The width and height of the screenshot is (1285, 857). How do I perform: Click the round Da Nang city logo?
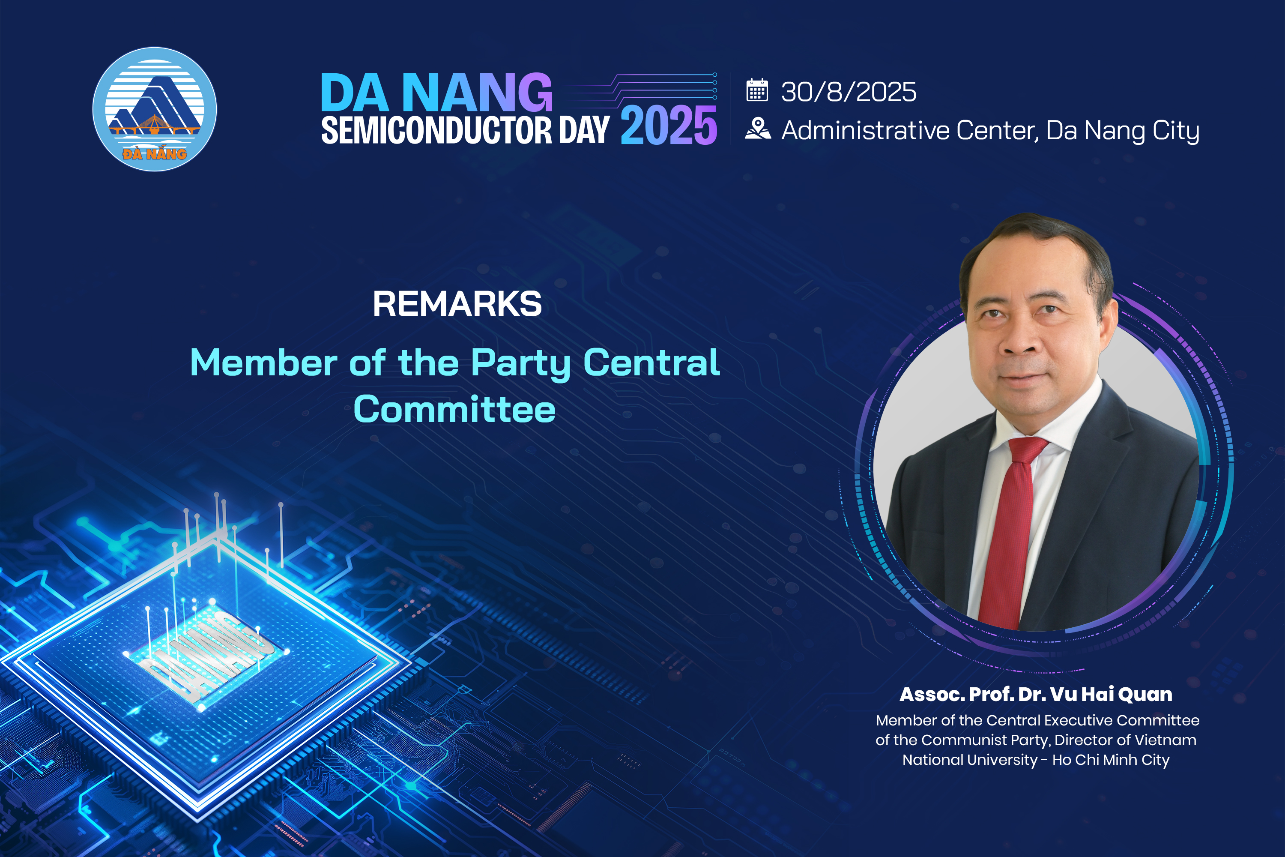155,109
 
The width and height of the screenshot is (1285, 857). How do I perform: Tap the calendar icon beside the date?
757,90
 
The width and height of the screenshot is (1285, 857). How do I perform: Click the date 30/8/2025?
849,92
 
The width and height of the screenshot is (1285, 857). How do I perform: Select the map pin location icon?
758,129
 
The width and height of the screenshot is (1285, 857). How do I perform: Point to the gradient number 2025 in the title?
669,125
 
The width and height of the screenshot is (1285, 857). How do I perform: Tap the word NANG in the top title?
478,93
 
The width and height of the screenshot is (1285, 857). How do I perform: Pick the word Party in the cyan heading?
521,363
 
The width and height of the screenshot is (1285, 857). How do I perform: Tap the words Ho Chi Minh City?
1111,760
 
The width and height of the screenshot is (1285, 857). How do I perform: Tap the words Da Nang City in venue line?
1122,131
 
